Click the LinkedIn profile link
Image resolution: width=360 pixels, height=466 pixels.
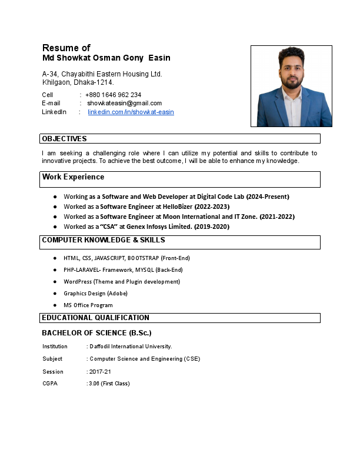coord(131,112)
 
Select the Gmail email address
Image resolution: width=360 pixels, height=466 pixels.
coord(124,103)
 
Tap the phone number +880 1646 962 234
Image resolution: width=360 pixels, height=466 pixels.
coord(113,95)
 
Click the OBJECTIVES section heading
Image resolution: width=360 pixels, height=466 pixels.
coord(64,139)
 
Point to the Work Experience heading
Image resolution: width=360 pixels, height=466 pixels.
coord(73,177)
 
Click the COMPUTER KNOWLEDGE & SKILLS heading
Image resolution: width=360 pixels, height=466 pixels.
coord(103,240)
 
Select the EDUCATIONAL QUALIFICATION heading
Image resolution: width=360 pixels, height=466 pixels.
coord(95,318)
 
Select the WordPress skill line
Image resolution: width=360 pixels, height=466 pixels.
coord(122,282)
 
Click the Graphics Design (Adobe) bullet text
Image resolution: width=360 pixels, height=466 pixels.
coord(95,294)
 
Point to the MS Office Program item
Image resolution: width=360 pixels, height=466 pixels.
coord(88,305)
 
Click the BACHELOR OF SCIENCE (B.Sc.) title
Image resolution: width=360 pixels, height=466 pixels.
coord(96,333)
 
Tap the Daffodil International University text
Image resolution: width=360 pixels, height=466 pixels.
coord(131,347)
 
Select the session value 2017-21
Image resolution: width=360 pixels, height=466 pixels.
coord(100,372)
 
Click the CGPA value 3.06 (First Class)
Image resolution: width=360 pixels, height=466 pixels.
coord(109,384)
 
